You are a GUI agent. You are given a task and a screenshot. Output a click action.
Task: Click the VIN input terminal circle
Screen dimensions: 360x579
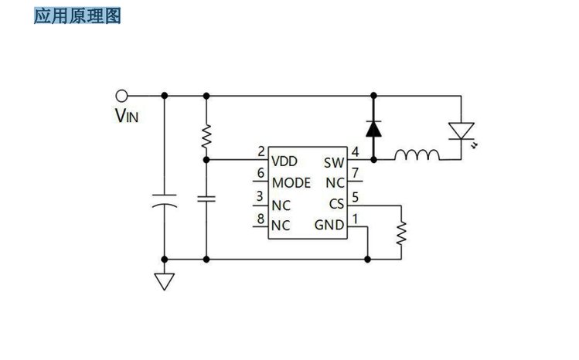(121, 95)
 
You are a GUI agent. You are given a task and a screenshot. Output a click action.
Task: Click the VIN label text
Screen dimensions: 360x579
(128, 117)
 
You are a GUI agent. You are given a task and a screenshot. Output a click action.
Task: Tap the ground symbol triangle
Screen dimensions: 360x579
(164, 280)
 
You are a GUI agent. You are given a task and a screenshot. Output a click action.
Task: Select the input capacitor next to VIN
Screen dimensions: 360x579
(164, 200)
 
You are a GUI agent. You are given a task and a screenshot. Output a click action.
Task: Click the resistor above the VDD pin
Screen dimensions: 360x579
(206, 138)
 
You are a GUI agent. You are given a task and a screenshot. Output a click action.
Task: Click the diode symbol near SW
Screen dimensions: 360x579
(373, 127)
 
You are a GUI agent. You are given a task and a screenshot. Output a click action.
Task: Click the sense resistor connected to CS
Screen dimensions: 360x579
(401, 232)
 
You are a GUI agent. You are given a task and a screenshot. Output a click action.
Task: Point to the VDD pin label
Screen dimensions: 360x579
(284, 161)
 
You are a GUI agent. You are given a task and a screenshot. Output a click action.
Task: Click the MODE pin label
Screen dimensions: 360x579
(291, 183)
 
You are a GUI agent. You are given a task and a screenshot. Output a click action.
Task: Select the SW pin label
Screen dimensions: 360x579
(333, 162)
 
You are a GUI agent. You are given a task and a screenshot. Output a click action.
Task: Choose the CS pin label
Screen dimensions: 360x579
(335, 204)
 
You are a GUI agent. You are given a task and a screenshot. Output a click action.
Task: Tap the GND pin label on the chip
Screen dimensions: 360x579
(329, 226)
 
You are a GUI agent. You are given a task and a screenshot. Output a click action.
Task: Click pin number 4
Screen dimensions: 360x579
(355, 151)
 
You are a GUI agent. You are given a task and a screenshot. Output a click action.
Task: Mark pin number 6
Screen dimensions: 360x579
(261, 173)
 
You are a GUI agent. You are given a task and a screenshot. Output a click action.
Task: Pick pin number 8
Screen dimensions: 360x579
(261, 217)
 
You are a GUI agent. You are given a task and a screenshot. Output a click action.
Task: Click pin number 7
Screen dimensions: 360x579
(355, 173)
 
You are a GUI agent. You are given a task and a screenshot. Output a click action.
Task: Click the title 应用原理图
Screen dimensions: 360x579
(77, 15)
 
